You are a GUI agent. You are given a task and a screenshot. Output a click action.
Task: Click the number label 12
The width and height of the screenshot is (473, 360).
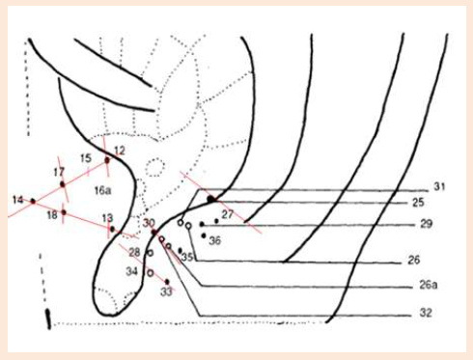point(120,151)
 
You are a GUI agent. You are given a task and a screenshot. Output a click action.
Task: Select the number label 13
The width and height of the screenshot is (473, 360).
point(107,218)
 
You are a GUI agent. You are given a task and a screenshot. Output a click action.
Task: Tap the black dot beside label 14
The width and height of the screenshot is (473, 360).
point(32,201)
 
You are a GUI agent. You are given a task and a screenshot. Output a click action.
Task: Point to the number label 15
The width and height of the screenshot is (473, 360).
point(85,158)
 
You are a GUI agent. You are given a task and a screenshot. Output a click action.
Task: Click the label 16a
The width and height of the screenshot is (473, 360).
point(102,191)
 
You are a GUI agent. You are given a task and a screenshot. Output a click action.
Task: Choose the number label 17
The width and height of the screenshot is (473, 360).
point(58,172)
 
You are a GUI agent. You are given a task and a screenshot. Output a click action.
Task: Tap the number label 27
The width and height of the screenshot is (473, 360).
point(228,213)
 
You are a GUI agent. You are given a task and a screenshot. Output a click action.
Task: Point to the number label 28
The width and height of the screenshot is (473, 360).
point(134,252)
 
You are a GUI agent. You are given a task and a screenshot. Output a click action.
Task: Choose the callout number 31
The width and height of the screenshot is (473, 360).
point(439,186)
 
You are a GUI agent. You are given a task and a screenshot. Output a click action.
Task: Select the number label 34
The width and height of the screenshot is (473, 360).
point(132,271)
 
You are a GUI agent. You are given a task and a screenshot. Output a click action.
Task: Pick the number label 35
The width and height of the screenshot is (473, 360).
point(188,258)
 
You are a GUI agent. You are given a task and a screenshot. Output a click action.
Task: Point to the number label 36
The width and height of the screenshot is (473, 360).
point(215,240)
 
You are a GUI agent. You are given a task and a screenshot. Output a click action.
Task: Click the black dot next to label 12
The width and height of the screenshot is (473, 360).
point(107,160)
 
